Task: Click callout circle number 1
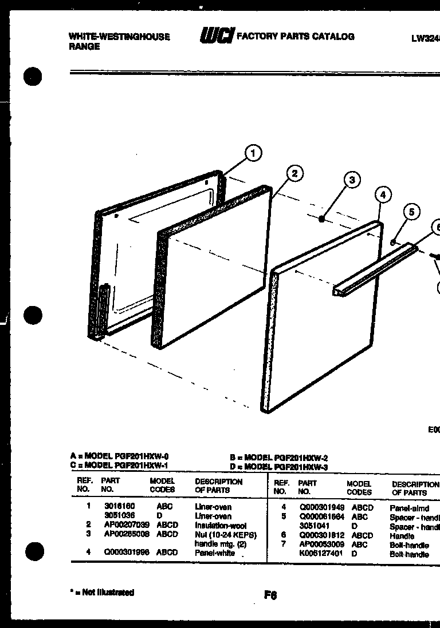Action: click(x=253, y=153)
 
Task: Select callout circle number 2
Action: click(x=294, y=173)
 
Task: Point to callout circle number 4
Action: click(x=383, y=195)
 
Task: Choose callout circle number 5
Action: click(x=410, y=212)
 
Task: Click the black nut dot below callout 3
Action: click(x=323, y=217)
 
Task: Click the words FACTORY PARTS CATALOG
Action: click(x=296, y=37)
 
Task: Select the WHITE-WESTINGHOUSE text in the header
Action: click(x=119, y=37)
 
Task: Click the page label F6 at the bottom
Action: click(x=270, y=595)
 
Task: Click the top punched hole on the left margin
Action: click(x=34, y=75)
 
